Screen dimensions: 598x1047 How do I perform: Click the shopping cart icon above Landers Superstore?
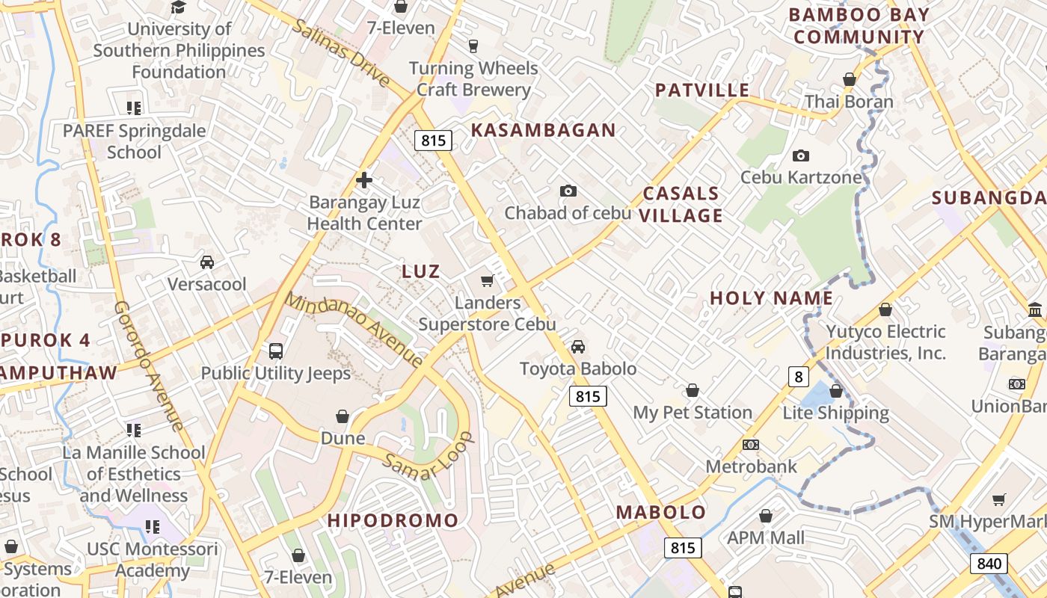click(x=487, y=281)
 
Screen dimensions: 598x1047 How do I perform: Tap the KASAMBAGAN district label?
click(x=543, y=130)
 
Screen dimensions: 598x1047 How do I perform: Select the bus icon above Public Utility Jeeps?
click(x=275, y=351)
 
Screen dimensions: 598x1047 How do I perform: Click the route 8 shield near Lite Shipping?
click(x=799, y=376)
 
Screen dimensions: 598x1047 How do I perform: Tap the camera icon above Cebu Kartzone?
click(x=801, y=155)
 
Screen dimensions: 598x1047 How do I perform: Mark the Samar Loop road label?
click(x=428, y=456)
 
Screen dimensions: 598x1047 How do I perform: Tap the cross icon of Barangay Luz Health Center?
click(x=364, y=180)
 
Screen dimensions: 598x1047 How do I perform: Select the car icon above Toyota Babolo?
click(x=578, y=347)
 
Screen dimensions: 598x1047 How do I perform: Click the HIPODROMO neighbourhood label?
click(x=393, y=520)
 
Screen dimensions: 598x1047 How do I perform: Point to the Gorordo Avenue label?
click(x=149, y=366)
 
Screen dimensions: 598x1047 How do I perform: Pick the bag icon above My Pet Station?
click(x=693, y=391)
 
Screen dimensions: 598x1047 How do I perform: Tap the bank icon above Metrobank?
click(x=751, y=445)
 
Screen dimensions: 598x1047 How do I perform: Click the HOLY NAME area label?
click(x=771, y=298)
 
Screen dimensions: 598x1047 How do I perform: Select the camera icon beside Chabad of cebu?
click(x=568, y=191)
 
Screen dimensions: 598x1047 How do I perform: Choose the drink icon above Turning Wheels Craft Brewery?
click(x=473, y=46)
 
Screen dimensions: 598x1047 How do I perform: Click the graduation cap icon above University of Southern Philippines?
click(x=178, y=7)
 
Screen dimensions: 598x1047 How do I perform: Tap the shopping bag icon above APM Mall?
click(x=765, y=516)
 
